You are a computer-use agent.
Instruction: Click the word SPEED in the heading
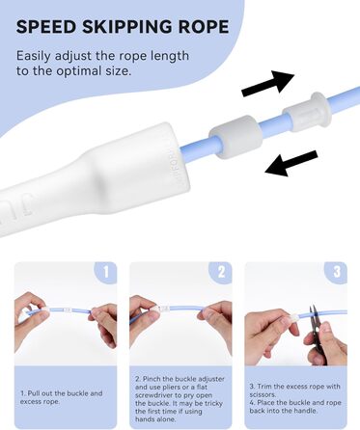[46, 27]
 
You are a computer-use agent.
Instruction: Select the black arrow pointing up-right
[267, 83]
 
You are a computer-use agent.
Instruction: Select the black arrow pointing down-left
[291, 163]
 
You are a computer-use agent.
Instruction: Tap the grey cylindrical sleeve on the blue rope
[235, 138]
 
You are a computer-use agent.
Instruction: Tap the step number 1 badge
[106, 272]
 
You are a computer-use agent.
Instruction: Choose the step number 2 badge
[221, 272]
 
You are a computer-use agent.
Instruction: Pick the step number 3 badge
[337, 272]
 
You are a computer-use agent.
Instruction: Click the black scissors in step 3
[317, 335]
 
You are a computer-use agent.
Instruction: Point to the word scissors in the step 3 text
[263, 394]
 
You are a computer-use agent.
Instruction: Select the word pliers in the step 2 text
[172, 388]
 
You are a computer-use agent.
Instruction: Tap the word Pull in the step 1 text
[33, 393]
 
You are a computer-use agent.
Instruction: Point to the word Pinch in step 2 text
[152, 379]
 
